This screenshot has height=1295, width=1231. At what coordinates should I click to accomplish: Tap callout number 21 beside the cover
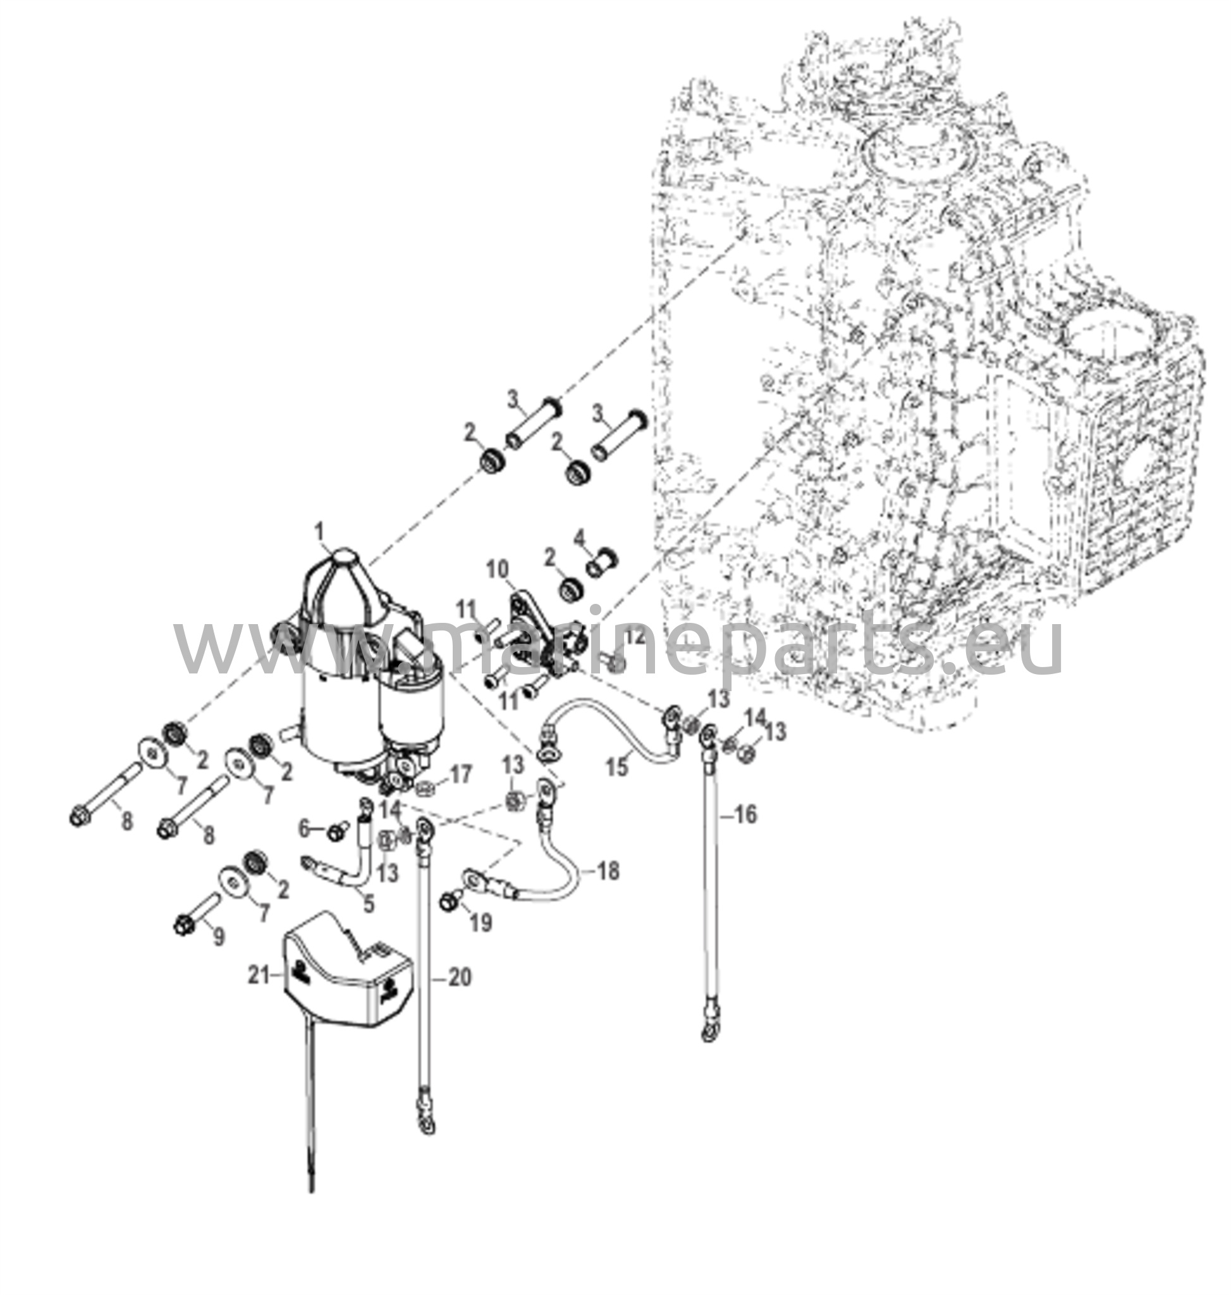click(x=259, y=995)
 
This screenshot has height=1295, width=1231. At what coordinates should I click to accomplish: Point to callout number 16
click(x=745, y=815)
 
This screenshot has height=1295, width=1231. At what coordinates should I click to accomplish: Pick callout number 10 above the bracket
click(x=498, y=570)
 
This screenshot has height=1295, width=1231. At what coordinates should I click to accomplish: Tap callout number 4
click(x=579, y=539)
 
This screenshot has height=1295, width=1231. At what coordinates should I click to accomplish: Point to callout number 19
click(x=481, y=923)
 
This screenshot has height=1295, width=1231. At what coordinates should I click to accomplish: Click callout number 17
click(x=461, y=775)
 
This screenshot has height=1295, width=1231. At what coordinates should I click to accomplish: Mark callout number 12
click(x=635, y=636)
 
